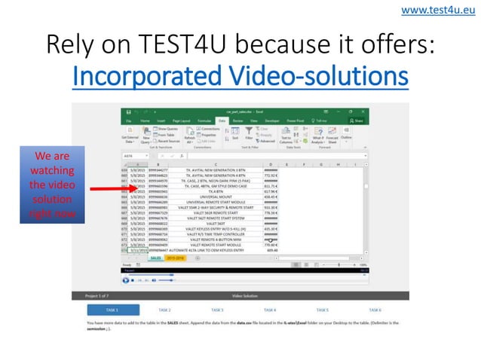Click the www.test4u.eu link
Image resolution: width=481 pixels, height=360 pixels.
[x=441, y=11]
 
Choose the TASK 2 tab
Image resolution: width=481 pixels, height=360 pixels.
[x=164, y=310]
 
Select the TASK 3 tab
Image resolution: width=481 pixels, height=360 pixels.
[x=217, y=310]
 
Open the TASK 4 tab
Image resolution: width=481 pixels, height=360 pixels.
[x=270, y=310]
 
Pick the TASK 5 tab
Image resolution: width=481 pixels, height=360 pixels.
[x=322, y=310]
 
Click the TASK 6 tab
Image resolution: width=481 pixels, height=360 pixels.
[x=375, y=310]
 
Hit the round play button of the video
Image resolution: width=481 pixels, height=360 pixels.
[x=125, y=279]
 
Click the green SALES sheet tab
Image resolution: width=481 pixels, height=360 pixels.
[x=156, y=258]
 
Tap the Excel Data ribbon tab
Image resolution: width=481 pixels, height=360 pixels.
[x=222, y=121]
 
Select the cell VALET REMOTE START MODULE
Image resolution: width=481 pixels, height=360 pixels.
[x=215, y=245]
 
